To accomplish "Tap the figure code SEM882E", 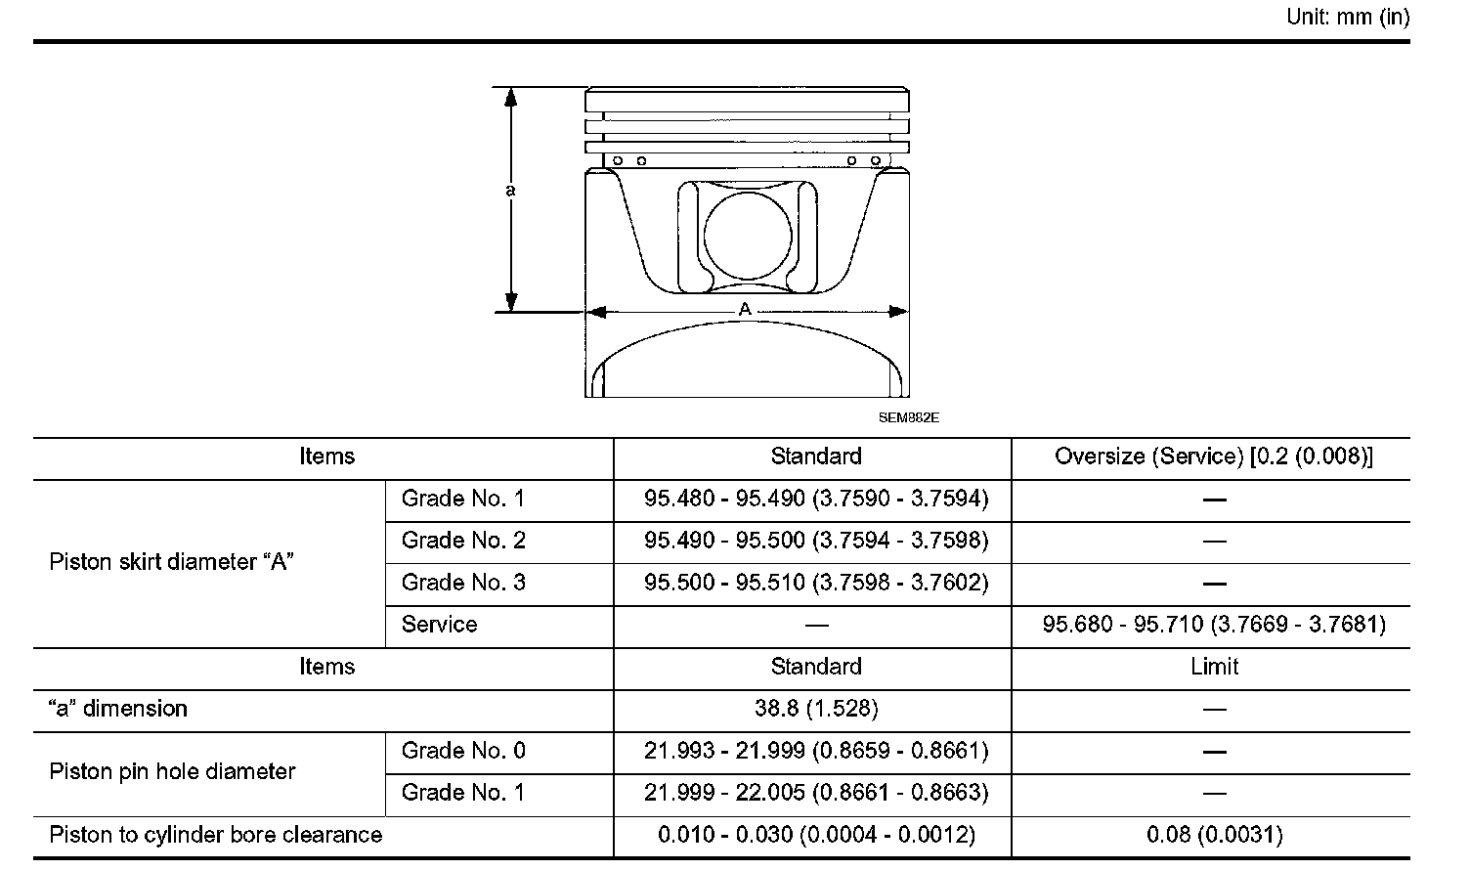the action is coord(909,418).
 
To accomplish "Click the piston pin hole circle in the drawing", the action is coord(748,236).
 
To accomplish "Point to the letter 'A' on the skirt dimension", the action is coord(744,309).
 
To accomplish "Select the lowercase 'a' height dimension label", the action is coord(510,191).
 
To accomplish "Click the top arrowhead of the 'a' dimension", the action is coord(510,97).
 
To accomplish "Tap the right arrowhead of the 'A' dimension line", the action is coord(898,312).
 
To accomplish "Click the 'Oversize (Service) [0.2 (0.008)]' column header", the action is coord(1213,457).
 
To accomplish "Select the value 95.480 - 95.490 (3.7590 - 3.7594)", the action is coord(816,499).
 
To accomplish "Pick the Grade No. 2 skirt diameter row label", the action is coord(463,540).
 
